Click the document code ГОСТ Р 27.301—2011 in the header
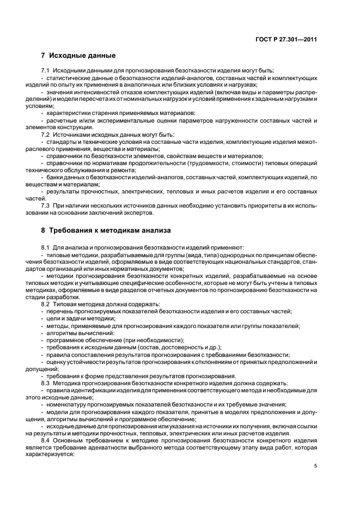point(286,39)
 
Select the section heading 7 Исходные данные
point(78,56)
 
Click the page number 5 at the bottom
point(316,465)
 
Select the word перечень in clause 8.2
point(61,311)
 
